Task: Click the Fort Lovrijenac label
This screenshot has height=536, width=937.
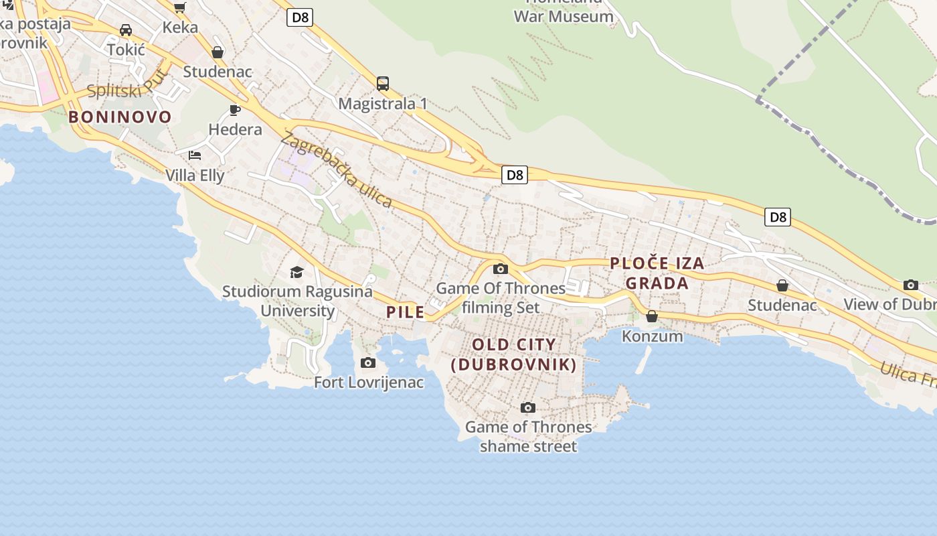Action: [369, 383]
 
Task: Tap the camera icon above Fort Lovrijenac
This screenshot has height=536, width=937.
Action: [368, 363]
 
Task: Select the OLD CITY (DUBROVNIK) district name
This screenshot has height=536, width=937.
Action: [513, 354]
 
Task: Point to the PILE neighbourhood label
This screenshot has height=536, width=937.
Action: [405, 312]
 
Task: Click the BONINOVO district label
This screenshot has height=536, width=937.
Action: [120, 117]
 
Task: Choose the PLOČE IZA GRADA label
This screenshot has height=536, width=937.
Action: [657, 273]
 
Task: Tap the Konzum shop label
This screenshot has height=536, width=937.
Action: [653, 336]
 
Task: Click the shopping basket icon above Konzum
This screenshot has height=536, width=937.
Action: [652, 316]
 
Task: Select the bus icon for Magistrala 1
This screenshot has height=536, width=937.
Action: [383, 84]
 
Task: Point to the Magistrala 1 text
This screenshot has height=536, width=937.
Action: [383, 104]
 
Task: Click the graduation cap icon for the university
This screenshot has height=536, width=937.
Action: [296, 272]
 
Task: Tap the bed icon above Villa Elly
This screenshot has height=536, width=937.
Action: [195, 155]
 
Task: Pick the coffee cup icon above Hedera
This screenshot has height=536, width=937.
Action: [235, 110]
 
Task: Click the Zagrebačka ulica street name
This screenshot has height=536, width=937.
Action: [336, 170]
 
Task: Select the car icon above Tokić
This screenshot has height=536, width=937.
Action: [126, 30]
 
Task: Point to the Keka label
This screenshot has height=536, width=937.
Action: [180, 27]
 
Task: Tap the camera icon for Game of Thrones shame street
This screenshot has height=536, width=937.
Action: [528, 407]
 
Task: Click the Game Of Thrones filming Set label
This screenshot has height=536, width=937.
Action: [501, 297]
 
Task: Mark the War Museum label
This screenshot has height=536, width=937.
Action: [563, 16]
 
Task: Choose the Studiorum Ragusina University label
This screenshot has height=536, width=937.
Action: [297, 301]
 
